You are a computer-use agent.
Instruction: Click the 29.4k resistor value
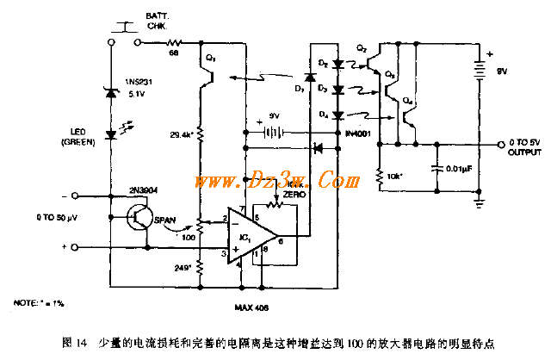(178, 134)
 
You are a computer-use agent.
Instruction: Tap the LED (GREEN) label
(90, 137)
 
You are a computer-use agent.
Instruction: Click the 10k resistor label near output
(393, 176)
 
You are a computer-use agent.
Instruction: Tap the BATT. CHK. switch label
(158, 21)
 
